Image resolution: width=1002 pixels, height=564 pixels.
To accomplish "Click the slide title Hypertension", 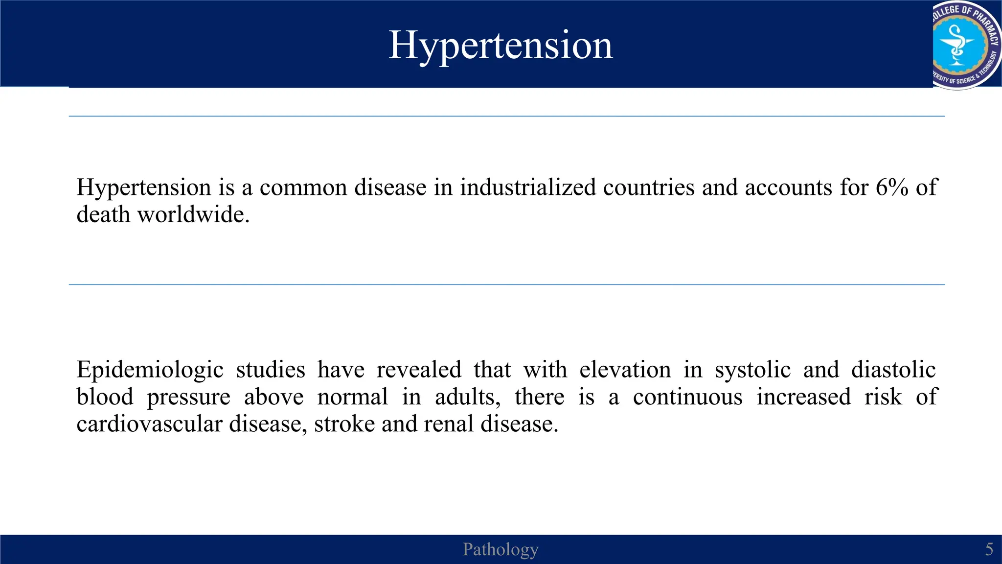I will point(501,45).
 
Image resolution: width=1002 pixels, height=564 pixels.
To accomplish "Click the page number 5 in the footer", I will point(989,549).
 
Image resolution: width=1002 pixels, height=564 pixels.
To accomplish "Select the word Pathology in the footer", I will point(501,549).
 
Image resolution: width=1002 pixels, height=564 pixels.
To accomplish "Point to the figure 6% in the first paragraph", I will point(892,188).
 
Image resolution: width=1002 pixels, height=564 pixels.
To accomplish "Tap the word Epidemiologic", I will point(150,370).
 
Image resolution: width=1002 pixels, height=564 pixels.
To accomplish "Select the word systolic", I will point(752,370).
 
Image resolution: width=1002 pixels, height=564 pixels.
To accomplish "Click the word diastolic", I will point(893,370).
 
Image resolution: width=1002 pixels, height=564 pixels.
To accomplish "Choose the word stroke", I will point(344,424).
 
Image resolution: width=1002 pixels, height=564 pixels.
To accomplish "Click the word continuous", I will point(687,397).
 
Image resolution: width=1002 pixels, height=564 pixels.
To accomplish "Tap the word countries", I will point(649,188).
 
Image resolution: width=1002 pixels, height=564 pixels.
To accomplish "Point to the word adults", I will point(467,397).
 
